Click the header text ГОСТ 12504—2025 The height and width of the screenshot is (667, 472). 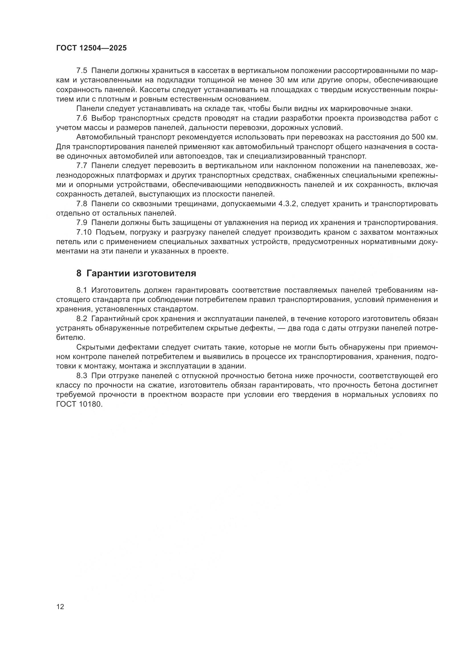point(91,48)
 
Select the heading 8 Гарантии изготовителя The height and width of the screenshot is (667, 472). point(136,273)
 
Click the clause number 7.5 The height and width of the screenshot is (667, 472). point(82,71)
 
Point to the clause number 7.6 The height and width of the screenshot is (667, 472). point(82,118)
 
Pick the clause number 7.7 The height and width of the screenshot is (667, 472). point(82,166)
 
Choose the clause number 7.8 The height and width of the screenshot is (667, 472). point(82,204)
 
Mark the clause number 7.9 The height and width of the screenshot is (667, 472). point(82,223)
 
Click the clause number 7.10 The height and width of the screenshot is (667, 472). point(84,232)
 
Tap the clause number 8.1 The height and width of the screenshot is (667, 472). point(82,290)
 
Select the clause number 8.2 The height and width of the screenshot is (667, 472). point(82,319)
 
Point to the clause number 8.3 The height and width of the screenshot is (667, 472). point(82,376)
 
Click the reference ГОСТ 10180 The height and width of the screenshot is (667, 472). point(79,404)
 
